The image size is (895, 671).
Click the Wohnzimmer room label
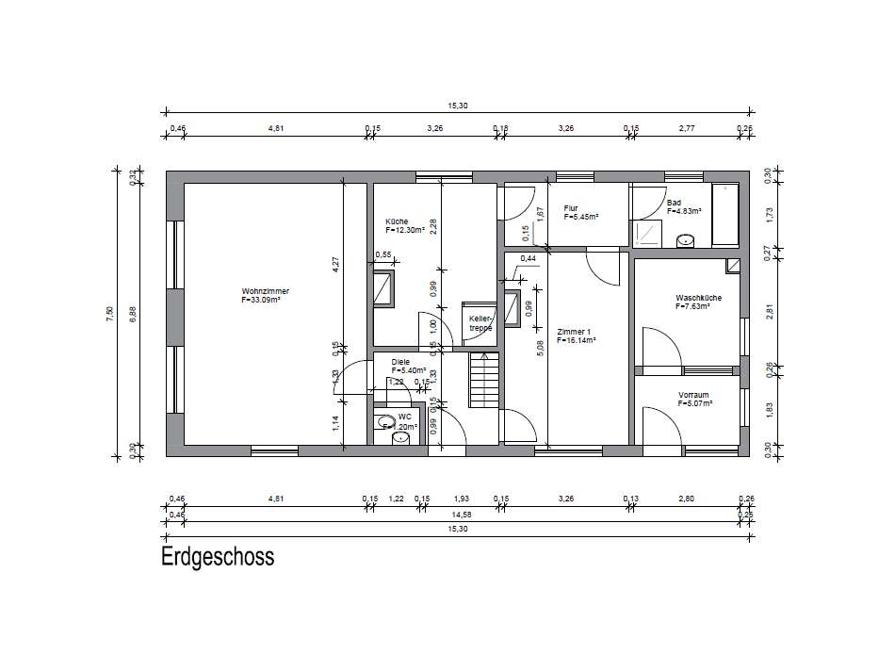(265, 291)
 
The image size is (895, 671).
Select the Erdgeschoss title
(218, 557)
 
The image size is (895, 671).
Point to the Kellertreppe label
(481, 323)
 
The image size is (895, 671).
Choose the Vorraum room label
(693, 395)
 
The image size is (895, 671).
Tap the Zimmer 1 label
(574, 332)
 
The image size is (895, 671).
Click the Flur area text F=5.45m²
(581, 217)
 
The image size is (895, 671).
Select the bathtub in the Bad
(726, 215)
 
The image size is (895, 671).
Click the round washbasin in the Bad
(686, 240)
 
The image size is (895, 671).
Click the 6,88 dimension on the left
(133, 314)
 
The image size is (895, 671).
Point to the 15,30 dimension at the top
(458, 106)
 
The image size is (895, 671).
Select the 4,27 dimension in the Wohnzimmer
(335, 266)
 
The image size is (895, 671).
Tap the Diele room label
(400, 361)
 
